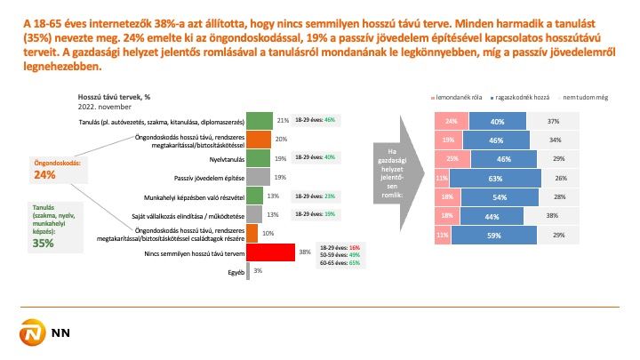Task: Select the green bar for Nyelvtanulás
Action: [x=259, y=157]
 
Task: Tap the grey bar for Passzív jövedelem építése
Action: [x=259, y=177]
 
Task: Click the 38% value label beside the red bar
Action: [x=304, y=252]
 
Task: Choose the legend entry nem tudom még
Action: [x=570, y=96]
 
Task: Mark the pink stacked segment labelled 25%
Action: [x=452, y=158]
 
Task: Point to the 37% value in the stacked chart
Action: [x=553, y=121]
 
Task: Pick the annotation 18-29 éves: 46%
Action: [x=315, y=119]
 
